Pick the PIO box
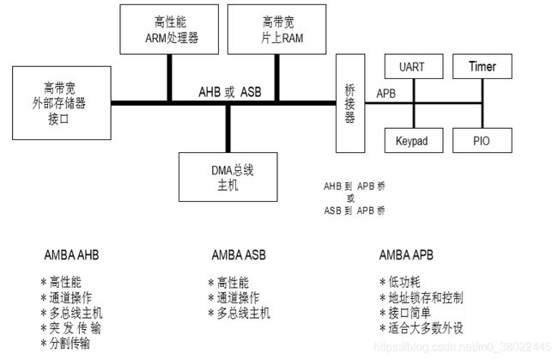tap(482, 140)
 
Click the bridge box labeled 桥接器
tap(349, 103)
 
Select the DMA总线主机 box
tap(228, 176)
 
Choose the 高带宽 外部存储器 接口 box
tap(64, 102)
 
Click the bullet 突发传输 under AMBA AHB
tap(76, 328)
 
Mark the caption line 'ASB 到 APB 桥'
tap(355, 211)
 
